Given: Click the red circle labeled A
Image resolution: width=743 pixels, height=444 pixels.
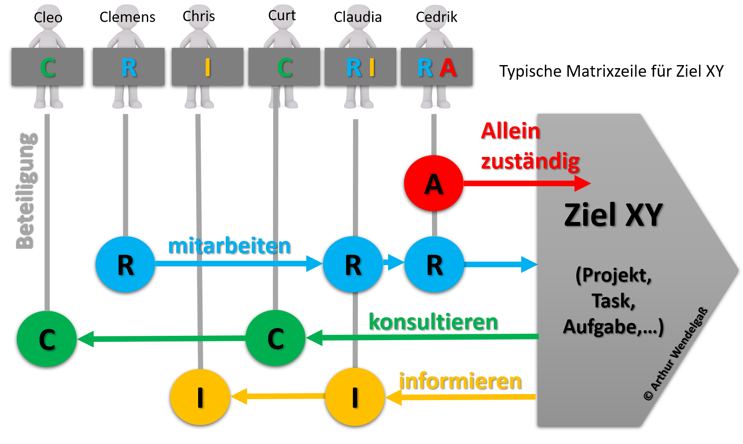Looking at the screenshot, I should (433, 183).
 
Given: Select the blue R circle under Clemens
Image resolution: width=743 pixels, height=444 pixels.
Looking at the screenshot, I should (125, 264).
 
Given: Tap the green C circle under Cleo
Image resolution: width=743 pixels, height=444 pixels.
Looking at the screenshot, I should (47, 339).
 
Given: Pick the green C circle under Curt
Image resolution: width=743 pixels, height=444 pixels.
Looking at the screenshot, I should (275, 338).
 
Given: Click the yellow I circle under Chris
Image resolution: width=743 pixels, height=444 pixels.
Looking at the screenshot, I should (200, 397).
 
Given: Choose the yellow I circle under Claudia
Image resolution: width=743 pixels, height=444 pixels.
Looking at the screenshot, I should (354, 397).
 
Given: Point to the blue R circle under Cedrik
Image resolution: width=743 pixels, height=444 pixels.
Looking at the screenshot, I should (434, 264).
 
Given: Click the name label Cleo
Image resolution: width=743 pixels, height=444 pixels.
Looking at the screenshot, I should (48, 18).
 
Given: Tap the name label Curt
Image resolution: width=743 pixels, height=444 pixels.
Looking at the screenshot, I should (282, 16).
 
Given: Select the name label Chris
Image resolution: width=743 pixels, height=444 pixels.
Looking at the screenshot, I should (199, 16).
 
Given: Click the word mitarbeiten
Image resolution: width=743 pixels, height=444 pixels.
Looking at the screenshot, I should (229, 246).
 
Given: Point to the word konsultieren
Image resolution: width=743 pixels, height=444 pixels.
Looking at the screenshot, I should (433, 322).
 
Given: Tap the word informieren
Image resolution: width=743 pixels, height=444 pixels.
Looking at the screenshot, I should (460, 381).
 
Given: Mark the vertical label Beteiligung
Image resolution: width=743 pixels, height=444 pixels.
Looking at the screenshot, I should (25, 191).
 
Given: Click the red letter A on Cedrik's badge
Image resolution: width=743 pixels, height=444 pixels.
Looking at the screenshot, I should (448, 68).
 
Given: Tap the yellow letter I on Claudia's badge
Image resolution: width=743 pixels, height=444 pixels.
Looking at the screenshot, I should (372, 68).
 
